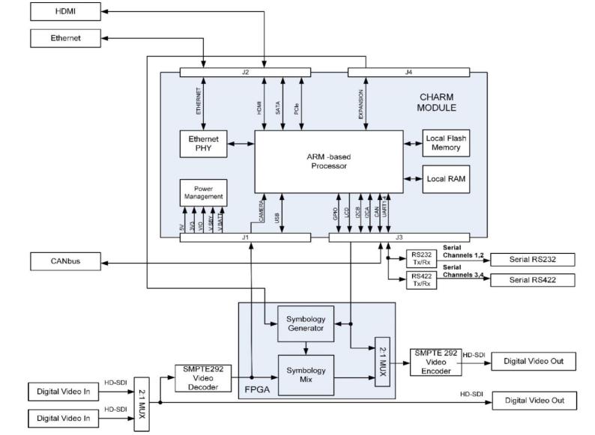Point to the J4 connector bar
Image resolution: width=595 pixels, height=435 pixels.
pyautogui.click(x=408, y=71)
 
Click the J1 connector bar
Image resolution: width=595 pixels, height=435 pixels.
pyautogui.click(x=245, y=237)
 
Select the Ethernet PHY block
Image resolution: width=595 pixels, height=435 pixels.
pyautogui.click(x=203, y=144)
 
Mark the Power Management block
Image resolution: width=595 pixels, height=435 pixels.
pyautogui.click(x=203, y=192)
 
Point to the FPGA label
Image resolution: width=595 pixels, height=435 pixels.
pyautogui.click(x=257, y=389)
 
